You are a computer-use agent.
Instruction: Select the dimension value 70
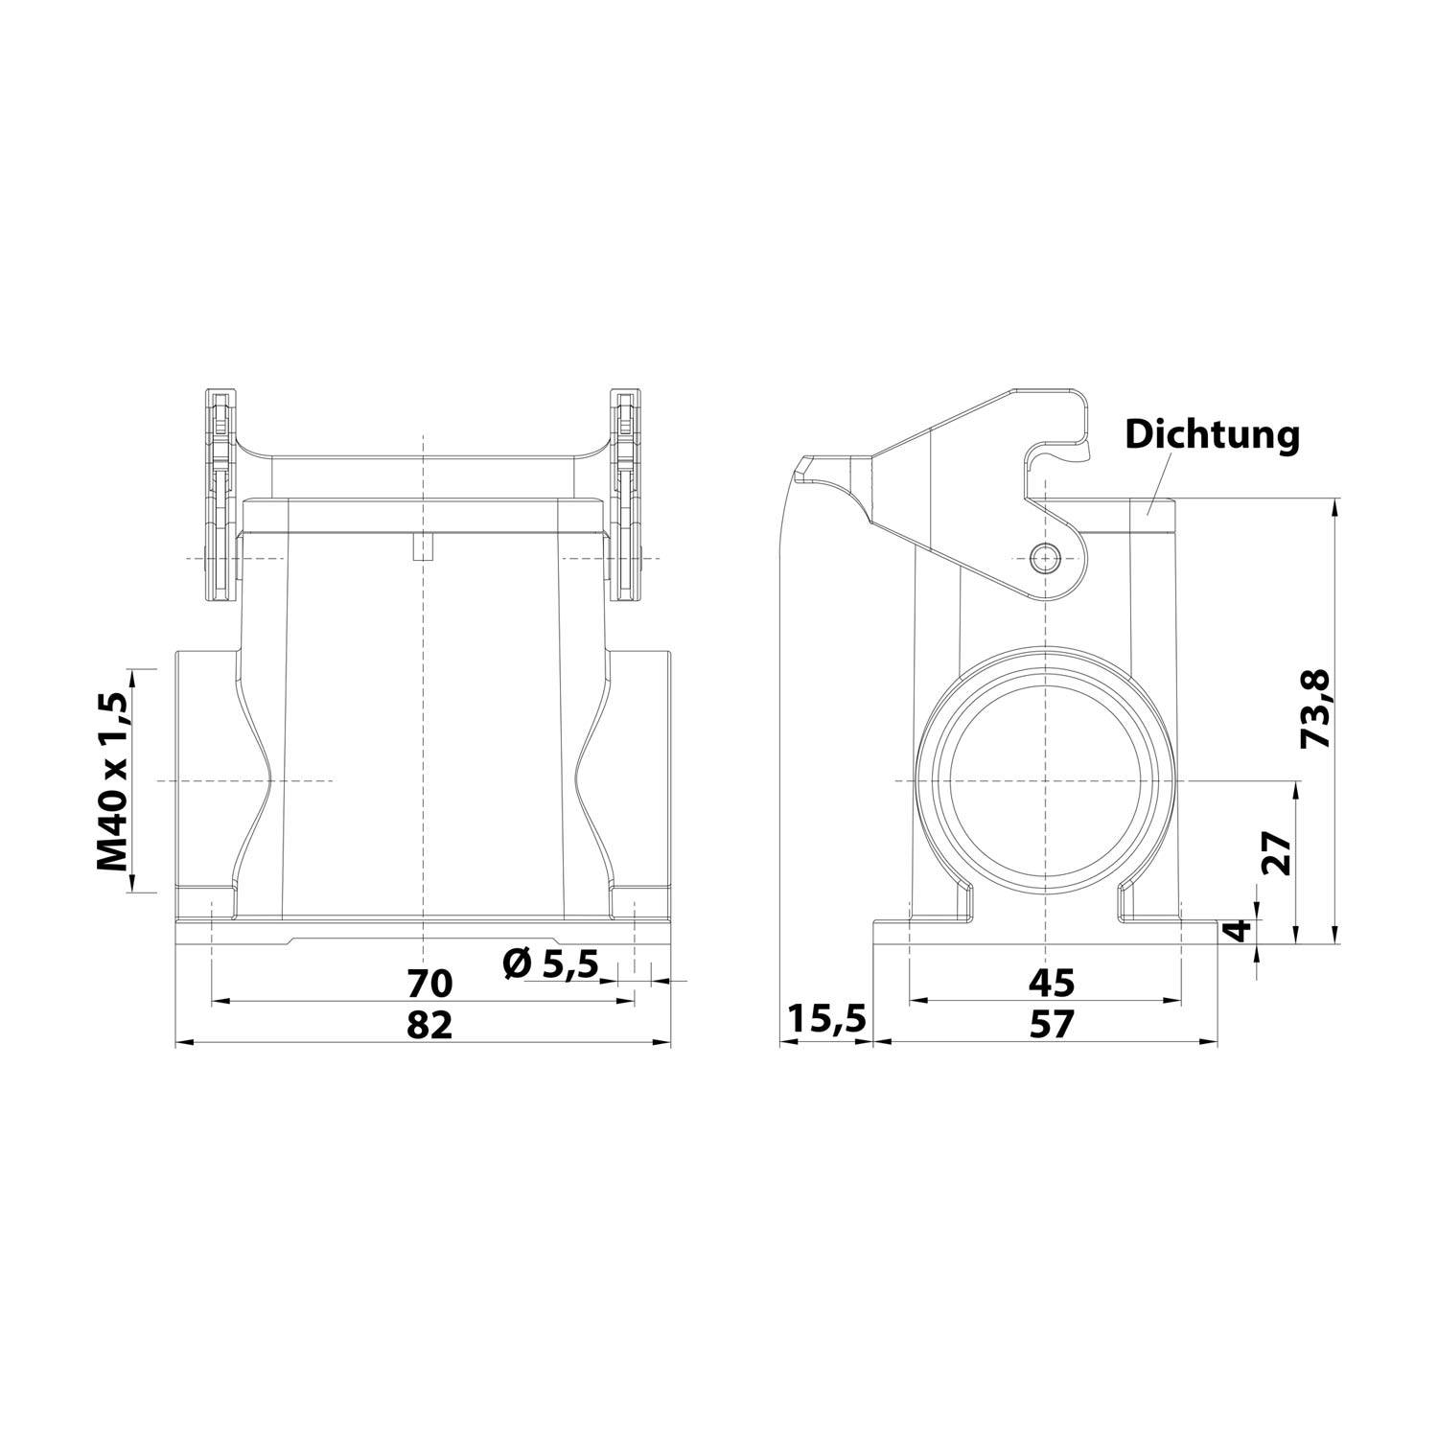tap(429, 983)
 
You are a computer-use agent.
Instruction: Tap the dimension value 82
tap(429, 1025)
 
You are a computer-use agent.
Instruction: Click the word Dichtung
tap(1212, 434)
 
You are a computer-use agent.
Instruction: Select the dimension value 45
tap(1052, 983)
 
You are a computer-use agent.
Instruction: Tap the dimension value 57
tap(1052, 1025)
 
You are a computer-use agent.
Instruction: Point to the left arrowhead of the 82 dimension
tap(182, 1043)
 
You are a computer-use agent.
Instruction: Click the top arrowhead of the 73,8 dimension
tap(1335, 506)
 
